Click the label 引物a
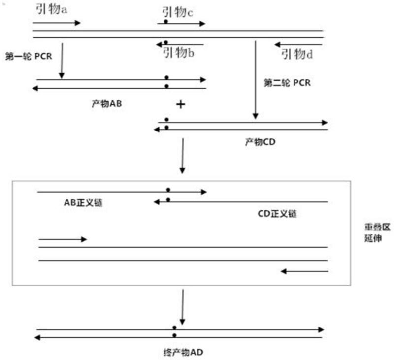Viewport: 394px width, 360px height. (x=51, y=9)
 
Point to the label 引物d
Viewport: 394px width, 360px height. (x=297, y=54)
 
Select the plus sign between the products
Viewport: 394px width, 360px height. (x=180, y=104)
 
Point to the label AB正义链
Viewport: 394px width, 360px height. (x=83, y=203)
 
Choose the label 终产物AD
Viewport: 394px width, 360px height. (x=183, y=352)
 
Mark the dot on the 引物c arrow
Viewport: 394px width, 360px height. (x=166, y=22)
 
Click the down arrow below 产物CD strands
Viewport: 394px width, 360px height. (x=182, y=156)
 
